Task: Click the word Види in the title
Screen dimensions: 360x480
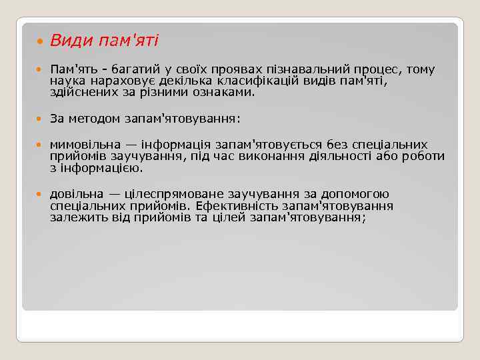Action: [71, 41]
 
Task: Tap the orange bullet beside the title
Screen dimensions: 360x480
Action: [40, 41]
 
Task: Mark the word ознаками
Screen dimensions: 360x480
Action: [225, 93]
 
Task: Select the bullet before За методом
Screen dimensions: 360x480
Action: [40, 119]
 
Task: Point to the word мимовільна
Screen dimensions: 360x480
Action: [85, 145]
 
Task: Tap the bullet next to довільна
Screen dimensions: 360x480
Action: [40, 195]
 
